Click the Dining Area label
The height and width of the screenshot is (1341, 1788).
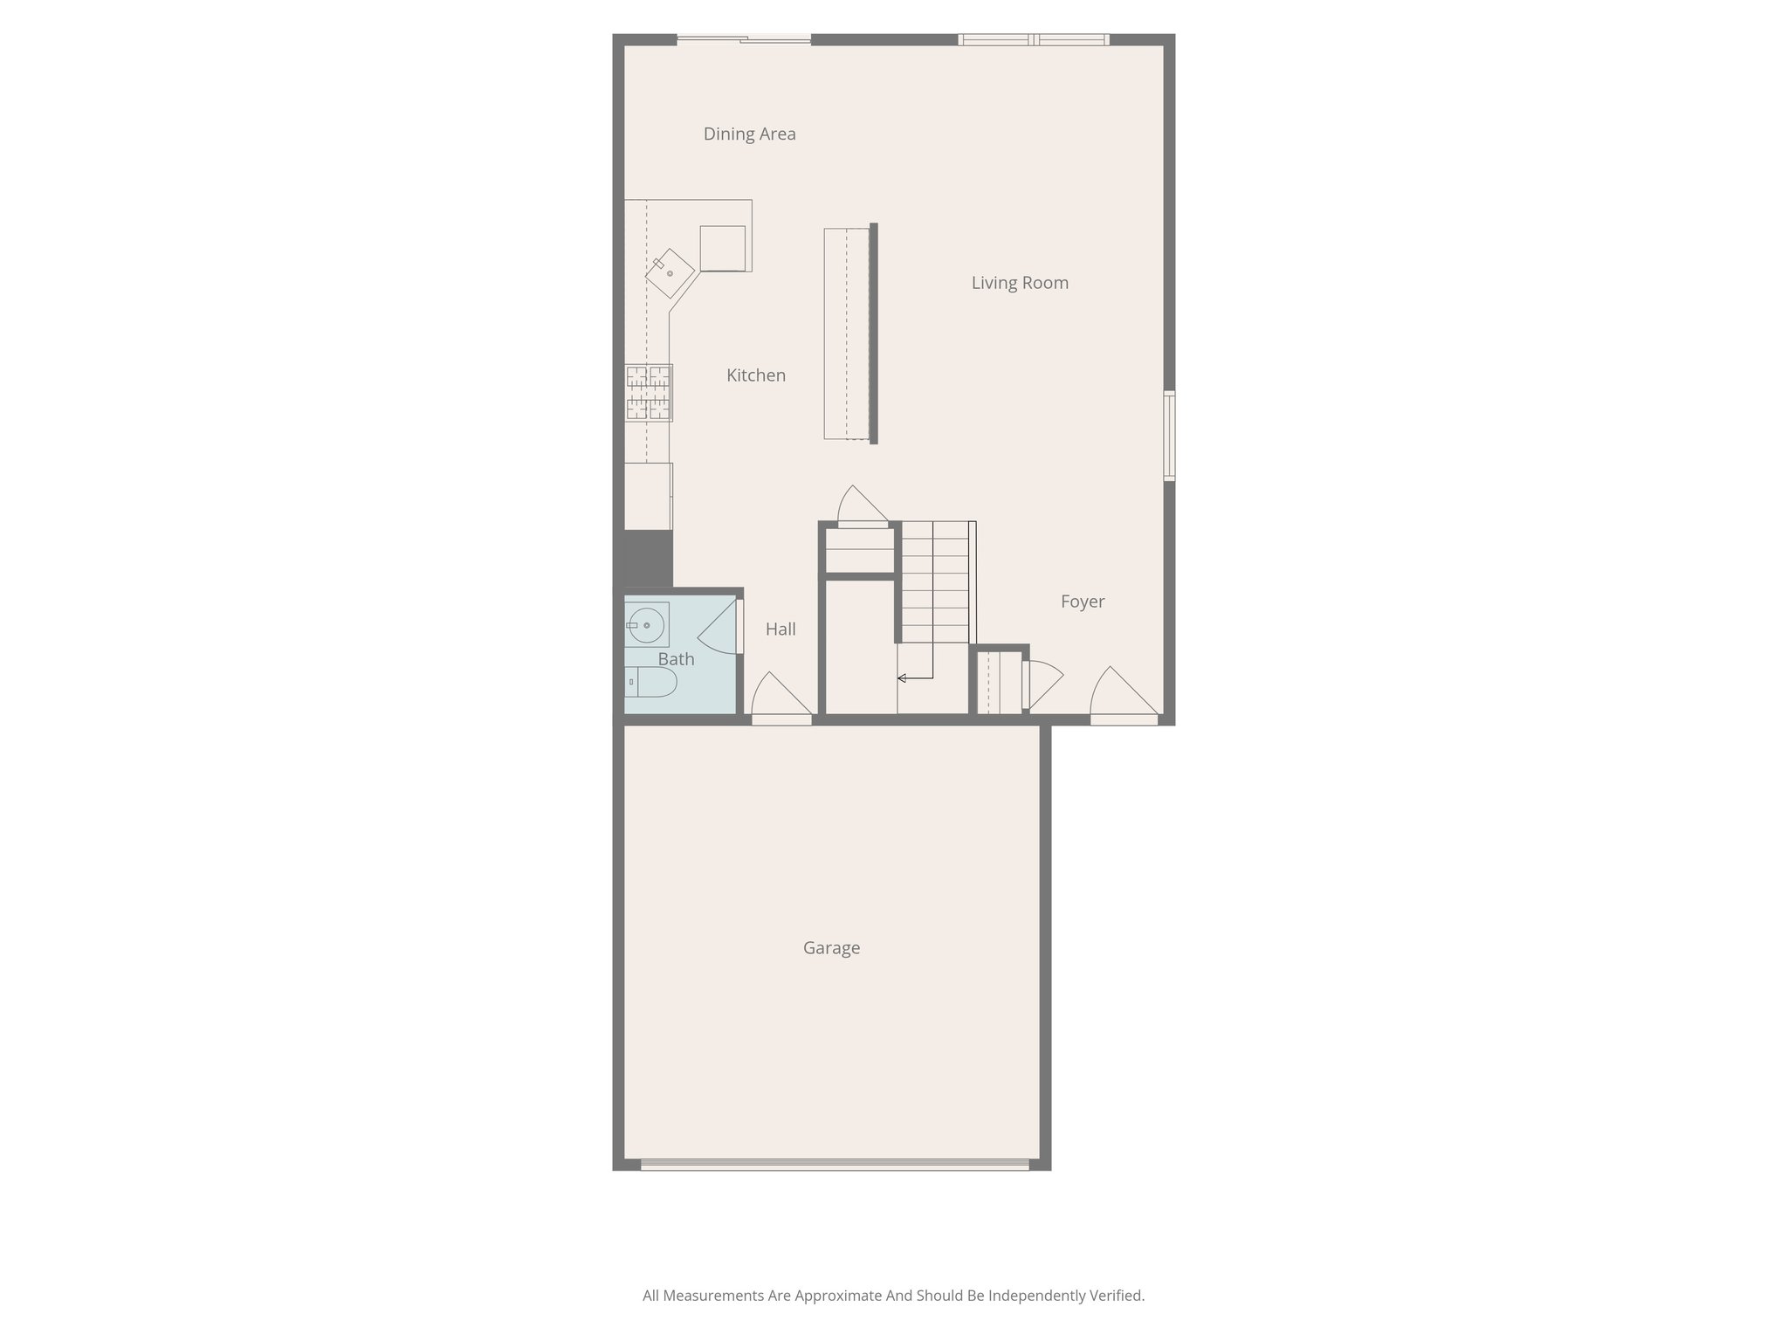749,134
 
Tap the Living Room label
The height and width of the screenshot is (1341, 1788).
1020,283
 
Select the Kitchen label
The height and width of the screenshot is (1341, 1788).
756,375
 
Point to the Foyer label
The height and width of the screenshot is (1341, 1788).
1083,602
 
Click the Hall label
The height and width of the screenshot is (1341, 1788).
781,629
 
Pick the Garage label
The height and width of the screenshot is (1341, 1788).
831,948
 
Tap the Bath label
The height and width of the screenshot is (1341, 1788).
677,659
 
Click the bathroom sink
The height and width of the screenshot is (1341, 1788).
647,625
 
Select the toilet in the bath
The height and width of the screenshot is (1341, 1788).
651,682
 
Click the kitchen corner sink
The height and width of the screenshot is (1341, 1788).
670,274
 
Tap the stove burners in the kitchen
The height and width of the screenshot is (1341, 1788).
649,393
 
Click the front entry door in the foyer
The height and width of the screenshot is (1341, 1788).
1124,696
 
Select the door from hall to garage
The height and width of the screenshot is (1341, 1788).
781,698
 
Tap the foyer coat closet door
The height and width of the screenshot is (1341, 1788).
1043,684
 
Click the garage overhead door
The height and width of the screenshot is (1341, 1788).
835,1164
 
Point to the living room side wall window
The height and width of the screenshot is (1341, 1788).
1170,436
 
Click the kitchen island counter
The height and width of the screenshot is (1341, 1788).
848,334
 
